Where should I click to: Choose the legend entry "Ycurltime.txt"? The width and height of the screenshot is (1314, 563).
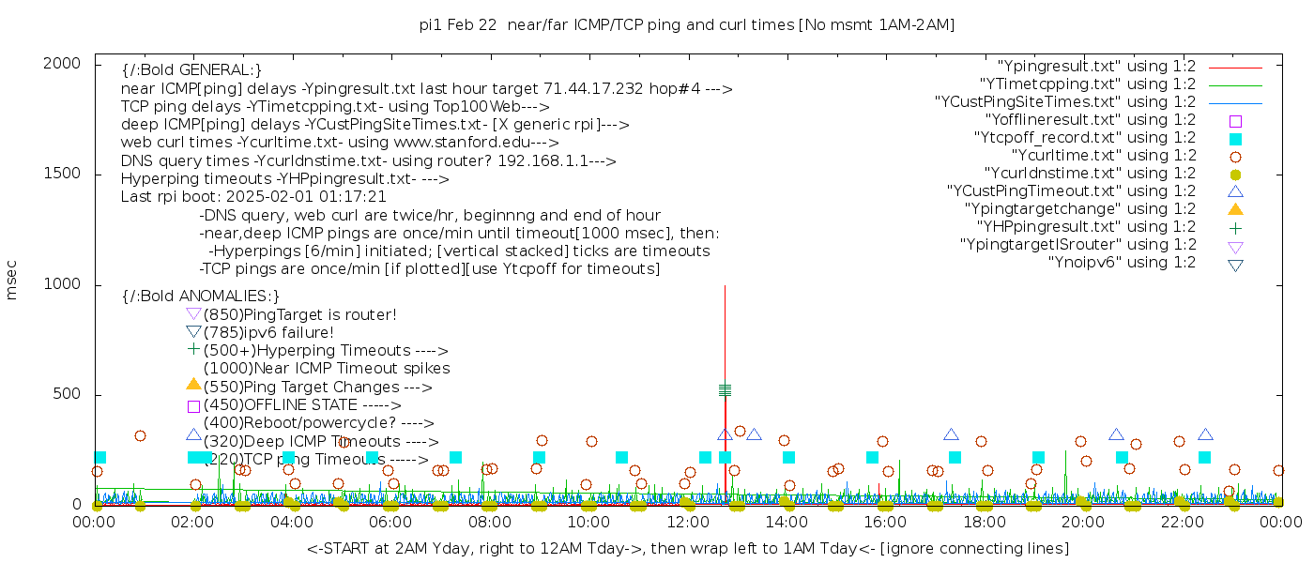(x=1103, y=156)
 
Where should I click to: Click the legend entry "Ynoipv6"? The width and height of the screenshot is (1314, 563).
(x=1122, y=263)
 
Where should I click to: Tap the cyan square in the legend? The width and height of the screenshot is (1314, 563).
(x=1235, y=139)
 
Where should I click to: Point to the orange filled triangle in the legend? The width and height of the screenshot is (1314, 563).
(x=1235, y=209)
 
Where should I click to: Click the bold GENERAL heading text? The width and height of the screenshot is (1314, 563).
(x=191, y=70)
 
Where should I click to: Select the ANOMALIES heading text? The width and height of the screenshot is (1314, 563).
(x=201, y=297)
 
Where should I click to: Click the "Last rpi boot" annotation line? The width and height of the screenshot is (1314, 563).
(x=253, y=197)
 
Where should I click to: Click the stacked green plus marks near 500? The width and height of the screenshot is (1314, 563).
(x=725, y=389)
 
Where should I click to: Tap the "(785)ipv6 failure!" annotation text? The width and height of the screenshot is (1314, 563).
(x=268, y=333)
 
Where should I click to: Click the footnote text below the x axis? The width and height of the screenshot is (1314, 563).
(x=687, y=548)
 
